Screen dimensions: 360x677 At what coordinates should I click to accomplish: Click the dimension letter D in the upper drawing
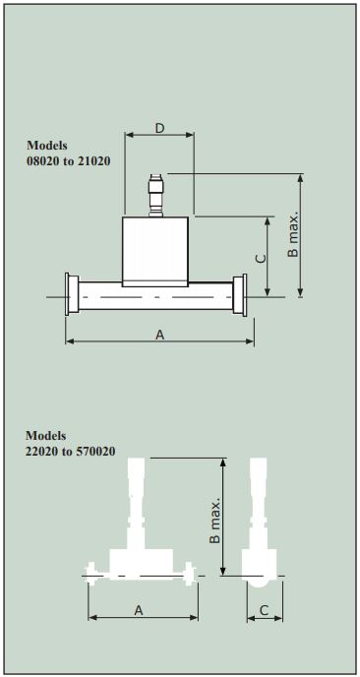click(x=160, y=128)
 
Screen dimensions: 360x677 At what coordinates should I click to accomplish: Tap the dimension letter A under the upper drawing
click(x=160, y=335)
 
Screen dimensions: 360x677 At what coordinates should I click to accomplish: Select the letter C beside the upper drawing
click(x=261, y=259)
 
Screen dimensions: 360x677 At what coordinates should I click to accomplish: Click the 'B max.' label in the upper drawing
click(x=293, y=235)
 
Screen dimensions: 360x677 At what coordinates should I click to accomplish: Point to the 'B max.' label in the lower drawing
click(x=215, y=520)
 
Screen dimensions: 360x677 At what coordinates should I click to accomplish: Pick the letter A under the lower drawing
click(x=139, y=610)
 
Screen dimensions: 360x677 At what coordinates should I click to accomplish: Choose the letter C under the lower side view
click(x=265, y=610)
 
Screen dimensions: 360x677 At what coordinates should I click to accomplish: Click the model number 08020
click(x=40, y=161)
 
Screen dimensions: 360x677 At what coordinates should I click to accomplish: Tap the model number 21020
click(x=94, y=161)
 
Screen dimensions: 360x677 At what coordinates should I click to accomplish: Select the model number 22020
click(x=39, y=452)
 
